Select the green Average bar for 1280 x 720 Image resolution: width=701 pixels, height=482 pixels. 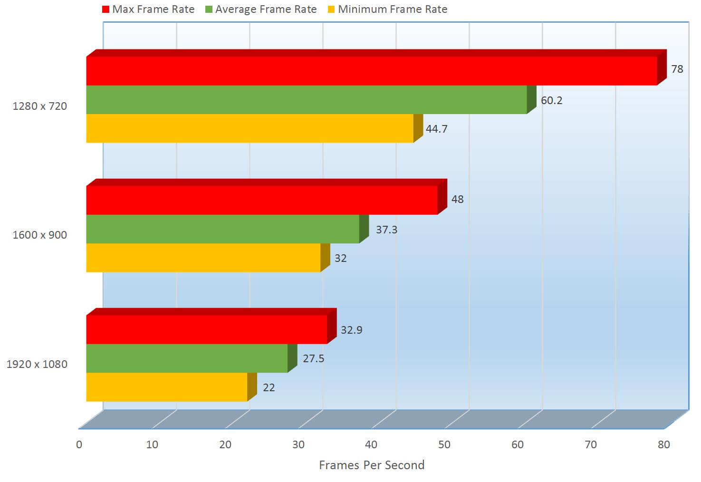[307, 100]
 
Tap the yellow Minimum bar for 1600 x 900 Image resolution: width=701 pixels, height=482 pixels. [203, 258]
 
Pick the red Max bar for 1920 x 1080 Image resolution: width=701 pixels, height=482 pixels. [207, 329]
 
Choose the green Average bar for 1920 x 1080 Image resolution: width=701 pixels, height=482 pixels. [187, 358]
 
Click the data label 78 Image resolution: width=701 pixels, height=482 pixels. [677, 69]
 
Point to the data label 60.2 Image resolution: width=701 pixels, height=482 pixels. [551, 100]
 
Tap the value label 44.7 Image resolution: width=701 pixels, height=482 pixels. [436, 129]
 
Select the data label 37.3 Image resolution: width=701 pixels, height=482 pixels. [386, 230]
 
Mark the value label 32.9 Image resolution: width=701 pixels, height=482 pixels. [351, 330]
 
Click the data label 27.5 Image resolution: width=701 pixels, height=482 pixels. [313, 358]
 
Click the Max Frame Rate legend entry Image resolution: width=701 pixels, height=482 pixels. [148, 9]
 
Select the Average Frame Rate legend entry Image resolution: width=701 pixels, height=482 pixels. [261, 9]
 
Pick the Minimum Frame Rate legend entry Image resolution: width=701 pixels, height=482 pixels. [387, 9]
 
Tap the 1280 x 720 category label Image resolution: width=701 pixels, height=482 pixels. [39, 106]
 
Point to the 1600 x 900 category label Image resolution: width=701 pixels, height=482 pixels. [39, 235]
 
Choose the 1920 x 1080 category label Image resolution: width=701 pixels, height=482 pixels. [37, 364]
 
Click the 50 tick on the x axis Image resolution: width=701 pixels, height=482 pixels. [444, 444]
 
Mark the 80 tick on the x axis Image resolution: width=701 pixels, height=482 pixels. [663, 444]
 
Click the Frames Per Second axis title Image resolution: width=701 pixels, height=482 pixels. [371, 465]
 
